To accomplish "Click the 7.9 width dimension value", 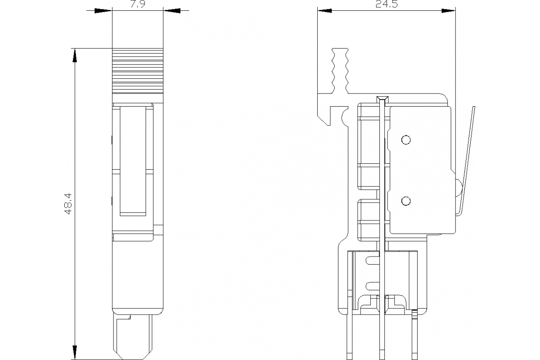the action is click(138, 4).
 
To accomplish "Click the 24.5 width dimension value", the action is click(387, 4).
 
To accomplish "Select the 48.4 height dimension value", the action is click(68, 203).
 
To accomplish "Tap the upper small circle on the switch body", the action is click(406, 140).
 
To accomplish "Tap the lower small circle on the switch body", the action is click(406, 201).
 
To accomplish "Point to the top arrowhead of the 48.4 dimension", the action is click(75, 55).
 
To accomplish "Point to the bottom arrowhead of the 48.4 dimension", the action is click(75, 352).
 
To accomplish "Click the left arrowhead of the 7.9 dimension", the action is click(103, 11).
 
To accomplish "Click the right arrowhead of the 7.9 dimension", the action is click(172, 11).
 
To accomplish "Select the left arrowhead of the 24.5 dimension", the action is click(325, 11).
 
